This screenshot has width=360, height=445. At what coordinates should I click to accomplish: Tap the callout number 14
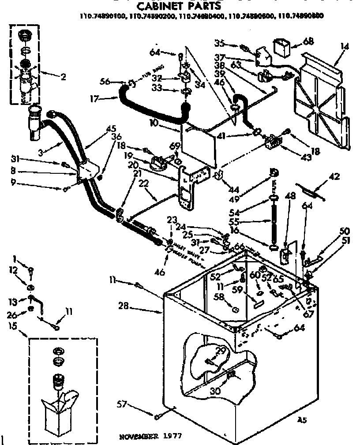345,46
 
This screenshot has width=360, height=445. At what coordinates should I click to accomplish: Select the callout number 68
308,42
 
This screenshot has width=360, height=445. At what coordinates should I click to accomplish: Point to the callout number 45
110,129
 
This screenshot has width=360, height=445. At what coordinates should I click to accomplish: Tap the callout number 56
104,81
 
